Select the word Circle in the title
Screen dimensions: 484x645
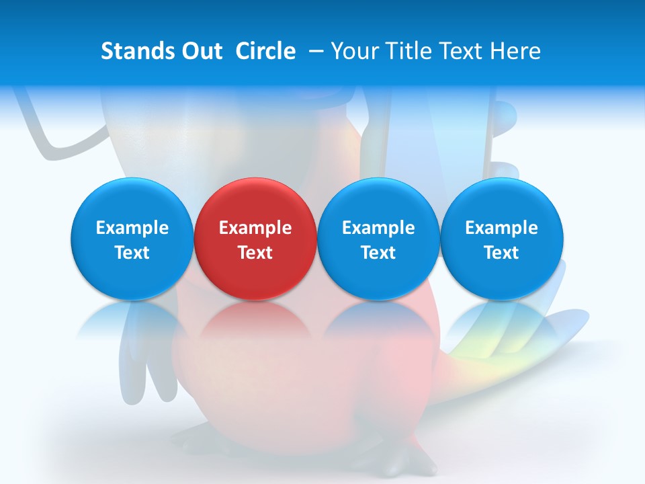265,51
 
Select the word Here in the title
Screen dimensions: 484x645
516,51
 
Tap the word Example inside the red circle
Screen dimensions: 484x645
255,228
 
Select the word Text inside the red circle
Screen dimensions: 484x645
255,253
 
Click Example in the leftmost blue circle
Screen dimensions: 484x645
132,228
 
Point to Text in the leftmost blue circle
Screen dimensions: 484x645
132,253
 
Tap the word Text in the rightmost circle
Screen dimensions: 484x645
502,253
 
